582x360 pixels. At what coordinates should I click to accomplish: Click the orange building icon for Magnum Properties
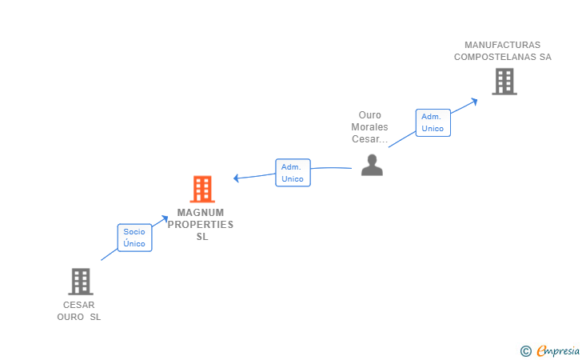(x=202, y=189)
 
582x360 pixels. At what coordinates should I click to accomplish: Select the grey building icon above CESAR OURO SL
(x=81, y=282)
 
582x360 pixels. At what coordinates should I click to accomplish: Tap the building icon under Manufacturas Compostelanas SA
(x=504, y=82)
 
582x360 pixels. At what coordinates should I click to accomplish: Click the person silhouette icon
(x=372, y=165)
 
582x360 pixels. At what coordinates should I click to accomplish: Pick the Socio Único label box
(x=135, y=238)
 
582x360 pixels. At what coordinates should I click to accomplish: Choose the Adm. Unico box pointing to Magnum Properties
(x=293, y=173)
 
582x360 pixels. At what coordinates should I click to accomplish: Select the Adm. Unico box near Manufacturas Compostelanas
(x=433, y=122)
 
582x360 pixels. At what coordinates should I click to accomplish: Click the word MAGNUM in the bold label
(x=201, y=213)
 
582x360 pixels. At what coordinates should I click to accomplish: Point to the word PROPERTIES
(x=201, y=225)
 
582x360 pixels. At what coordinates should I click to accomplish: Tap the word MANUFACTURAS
(x=503, y=45)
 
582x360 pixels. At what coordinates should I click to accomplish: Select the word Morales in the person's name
(x=369, y=127)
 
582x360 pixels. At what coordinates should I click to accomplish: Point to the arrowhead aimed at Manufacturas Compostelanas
(x=474, y=102)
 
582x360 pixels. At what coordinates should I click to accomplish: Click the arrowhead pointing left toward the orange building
(x=236, y=178)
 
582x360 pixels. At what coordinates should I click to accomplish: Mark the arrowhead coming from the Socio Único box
(x=165, y=218)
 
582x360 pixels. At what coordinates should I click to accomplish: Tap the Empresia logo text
(x=558, y=350)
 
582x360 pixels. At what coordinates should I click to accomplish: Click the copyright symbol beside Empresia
(x=525, y=351)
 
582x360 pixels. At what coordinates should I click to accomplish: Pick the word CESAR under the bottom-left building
(x=78, y=305)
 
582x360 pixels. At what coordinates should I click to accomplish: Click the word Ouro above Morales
(x=369, y=115)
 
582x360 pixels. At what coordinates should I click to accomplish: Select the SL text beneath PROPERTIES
(x=202, y=237)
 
